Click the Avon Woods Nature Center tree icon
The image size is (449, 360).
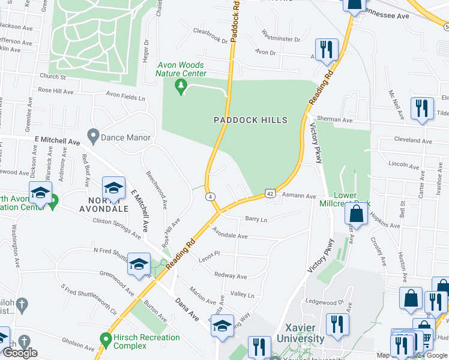pyautogui.click(x=179, y=88)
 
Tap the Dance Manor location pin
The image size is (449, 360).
pyautogui.click(x=92, y=137)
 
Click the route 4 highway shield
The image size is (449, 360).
pyautogui.click(x=210, y=196)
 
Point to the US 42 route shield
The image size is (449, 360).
pyautogui.click(x=270, y=194)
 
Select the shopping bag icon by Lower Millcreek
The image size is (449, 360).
pyautogui.click(x=357, y=214)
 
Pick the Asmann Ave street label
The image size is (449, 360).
pyautogui.click(x=300, y=196)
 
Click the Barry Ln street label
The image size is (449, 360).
pyautogui.click(x=256, y=220)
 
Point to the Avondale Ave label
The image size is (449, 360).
pyautogui.click(x=229, y=236)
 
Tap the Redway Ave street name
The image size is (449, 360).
pyautogui.click(x=231, y=277)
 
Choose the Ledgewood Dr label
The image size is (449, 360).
pyautogui.click(x=324, y=302)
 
